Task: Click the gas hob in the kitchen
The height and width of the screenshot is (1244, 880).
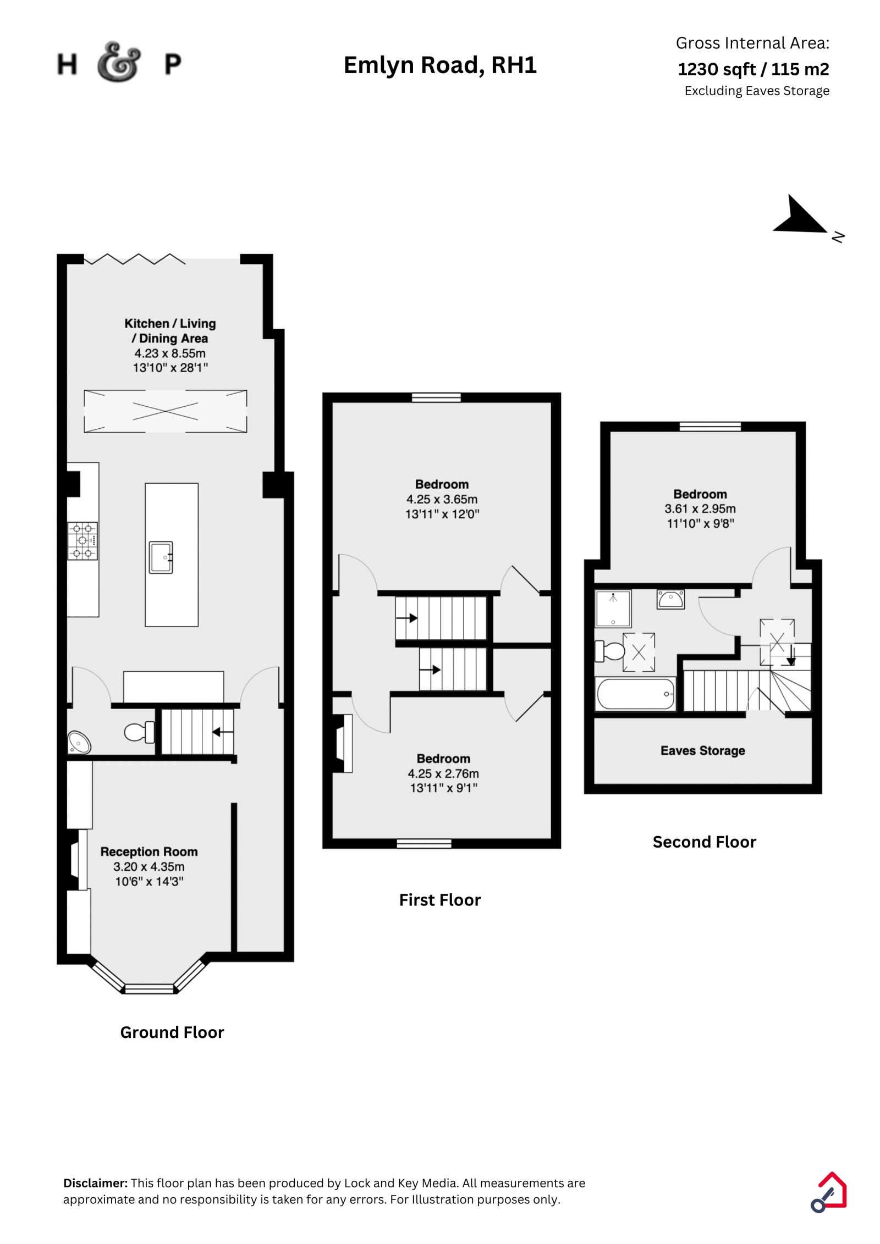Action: pos(82,540)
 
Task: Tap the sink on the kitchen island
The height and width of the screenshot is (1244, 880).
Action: pos(161,557)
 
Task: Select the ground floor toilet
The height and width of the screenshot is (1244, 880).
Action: pos(139,732)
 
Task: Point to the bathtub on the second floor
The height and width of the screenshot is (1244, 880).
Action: pos(636,694)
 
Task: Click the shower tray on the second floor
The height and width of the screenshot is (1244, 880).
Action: pos(613,609)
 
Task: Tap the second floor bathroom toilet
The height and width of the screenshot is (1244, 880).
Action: pos(609,651)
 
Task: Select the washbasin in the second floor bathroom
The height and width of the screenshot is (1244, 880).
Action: pos(670,599)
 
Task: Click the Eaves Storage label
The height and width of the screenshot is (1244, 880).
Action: pos(702,750)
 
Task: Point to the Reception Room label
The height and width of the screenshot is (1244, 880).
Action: pos(149,852)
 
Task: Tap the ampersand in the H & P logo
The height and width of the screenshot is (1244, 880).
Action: pos(119,62)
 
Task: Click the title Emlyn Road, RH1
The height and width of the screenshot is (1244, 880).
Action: pos(440,65)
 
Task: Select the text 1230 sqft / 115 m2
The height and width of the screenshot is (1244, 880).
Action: pos(753,69)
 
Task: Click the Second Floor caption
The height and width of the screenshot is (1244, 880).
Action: pos(704,842)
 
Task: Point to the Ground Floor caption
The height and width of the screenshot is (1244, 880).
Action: pos(172,1032)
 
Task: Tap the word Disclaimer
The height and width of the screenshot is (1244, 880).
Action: pos(96,1183)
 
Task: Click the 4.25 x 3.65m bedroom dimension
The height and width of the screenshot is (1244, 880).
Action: pos(442,499)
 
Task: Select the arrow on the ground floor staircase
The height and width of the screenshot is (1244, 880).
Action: pos(223,732)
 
